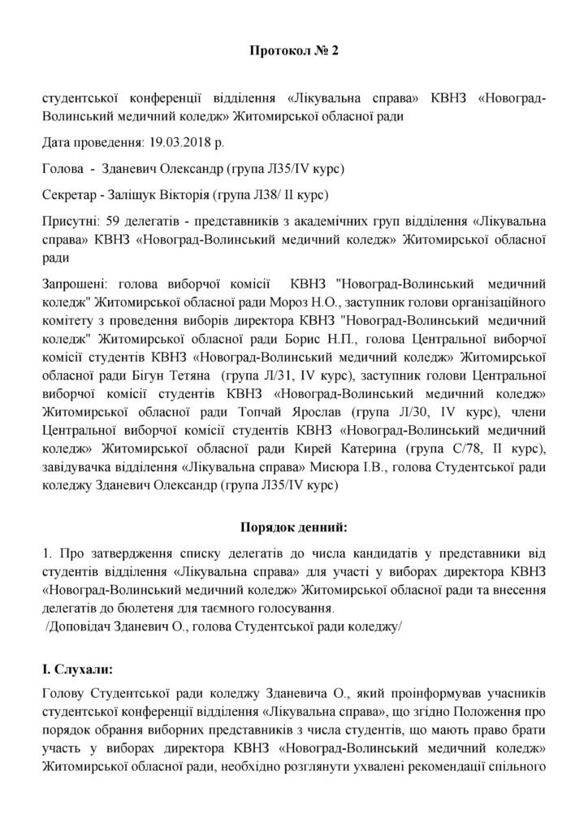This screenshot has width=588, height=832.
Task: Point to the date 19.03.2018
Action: (x=179, y=143)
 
